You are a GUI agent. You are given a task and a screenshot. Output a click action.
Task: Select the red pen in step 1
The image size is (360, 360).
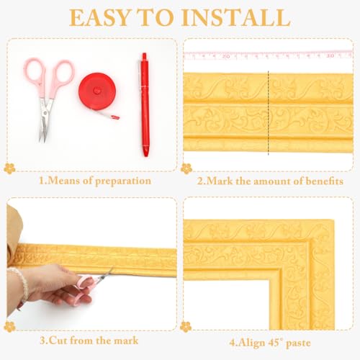pos(145,105)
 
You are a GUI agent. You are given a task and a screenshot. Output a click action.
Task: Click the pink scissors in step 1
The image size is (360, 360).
pos(48,96)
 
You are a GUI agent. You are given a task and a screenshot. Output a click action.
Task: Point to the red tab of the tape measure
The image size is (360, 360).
pos(115,117)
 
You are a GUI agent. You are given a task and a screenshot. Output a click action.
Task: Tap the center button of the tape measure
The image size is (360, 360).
pos(97,91)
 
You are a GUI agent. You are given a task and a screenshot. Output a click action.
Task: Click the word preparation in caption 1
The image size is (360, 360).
pos(123,181)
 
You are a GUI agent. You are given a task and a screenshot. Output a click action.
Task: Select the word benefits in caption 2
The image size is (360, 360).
pos(324,181)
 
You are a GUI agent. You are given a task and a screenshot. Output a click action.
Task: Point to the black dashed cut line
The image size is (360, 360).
pos(268,113)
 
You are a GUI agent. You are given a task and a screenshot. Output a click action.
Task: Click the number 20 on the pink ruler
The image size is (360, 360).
pos(226,57)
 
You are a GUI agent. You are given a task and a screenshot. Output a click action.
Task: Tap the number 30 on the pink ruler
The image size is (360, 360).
pos(330,55)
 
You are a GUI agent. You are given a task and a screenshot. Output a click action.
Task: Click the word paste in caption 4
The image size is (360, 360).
pos(298,343)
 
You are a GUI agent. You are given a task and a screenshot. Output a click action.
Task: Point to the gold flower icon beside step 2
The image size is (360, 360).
pos(186,168)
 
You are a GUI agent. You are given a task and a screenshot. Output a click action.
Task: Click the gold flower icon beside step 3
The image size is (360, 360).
pos(9,327)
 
